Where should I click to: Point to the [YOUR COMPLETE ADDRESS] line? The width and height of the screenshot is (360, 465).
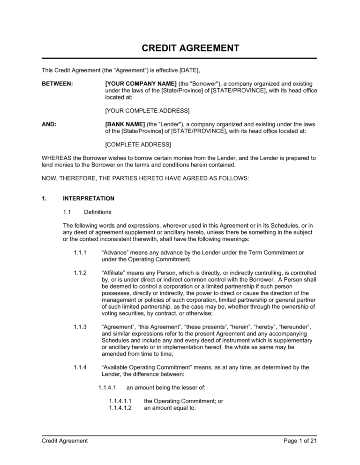click(x=147, y=111)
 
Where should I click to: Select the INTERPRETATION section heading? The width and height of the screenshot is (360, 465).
click(x=89, y=198)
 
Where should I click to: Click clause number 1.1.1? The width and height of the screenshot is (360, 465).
click(x=80, y=252)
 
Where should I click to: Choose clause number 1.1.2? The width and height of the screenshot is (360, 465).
click(x=80, y=273)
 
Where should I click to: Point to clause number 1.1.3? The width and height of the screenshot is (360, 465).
click(x=80, y=327)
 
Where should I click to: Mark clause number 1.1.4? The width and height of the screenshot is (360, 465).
click(x=80, y=367)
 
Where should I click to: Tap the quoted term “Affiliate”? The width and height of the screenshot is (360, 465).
click(x=114, y=273)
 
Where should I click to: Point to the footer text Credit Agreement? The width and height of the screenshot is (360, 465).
click(x=65, y=441)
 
